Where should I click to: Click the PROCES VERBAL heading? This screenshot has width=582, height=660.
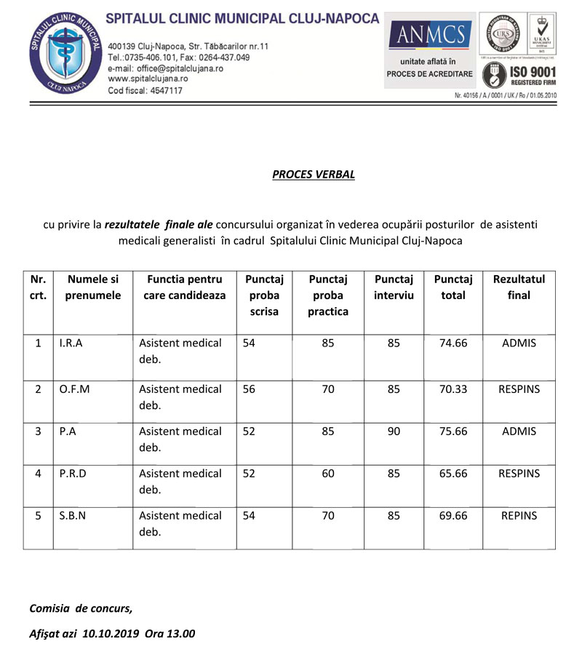314,175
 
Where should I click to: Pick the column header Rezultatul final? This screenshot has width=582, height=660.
519,287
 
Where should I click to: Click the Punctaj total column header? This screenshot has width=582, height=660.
453,287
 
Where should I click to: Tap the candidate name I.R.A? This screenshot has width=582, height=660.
71,343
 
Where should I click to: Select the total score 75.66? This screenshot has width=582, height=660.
453,431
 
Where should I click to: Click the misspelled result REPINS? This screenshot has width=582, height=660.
519,515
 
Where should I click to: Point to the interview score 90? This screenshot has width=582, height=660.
394,431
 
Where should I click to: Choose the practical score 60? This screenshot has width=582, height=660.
328,473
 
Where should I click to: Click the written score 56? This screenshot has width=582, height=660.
250,389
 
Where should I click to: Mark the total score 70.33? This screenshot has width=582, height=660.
453,389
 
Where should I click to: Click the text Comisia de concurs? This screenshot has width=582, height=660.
81,608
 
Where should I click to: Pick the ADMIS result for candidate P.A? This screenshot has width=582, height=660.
519,431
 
